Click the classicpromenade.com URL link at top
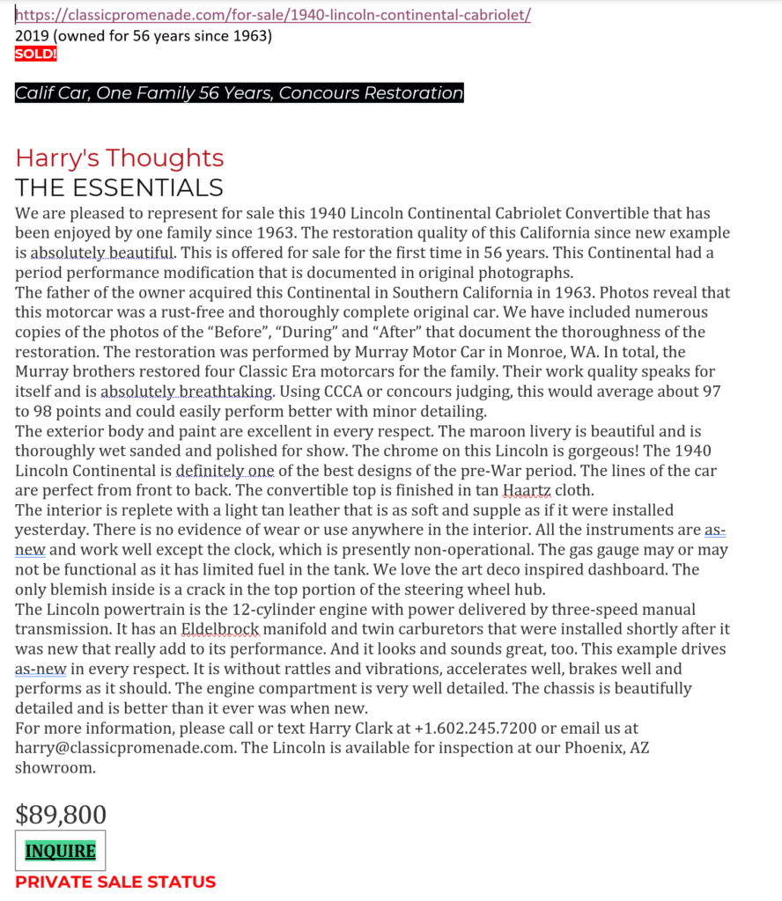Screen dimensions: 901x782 coord(273,16)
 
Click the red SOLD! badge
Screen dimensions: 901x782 coord(36,54)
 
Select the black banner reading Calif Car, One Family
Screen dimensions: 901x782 coord(239,92)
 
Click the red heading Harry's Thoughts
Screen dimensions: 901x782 coord(120,158)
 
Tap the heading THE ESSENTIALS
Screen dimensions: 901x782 coord(119,187)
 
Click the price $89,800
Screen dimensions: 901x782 coord(61,815)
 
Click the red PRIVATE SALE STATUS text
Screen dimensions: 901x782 coord(115,882)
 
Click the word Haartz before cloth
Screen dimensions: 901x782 coord(523,490)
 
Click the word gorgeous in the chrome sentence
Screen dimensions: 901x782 coord(497,450)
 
